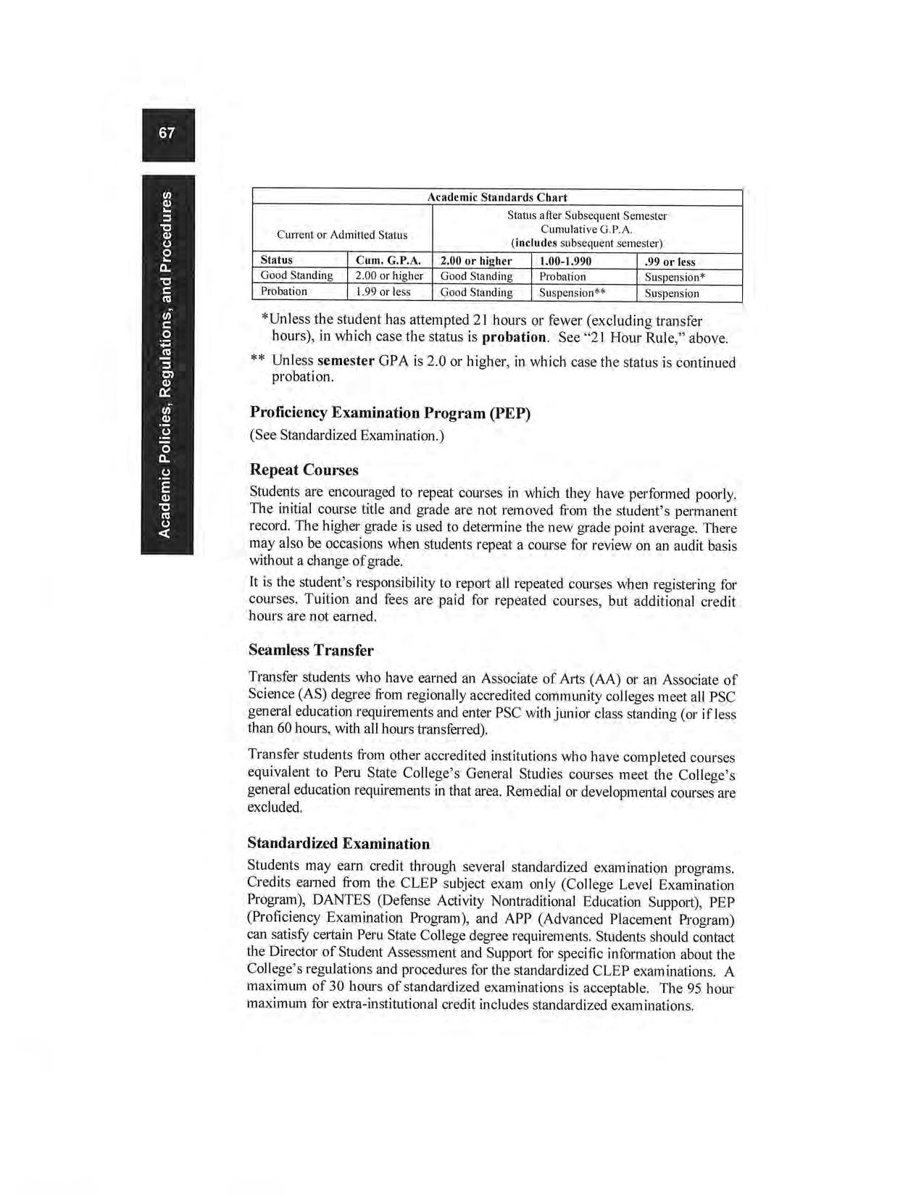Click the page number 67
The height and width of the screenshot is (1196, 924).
pyautogui.click(x=167, y=133)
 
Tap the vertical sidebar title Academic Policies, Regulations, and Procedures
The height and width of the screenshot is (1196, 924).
pyautogui.click(x=167, y=365)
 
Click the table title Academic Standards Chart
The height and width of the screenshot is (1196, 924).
pyautogui.click(x=496, y=197)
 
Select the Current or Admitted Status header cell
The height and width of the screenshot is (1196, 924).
pyautogui.click(x=342, y=234)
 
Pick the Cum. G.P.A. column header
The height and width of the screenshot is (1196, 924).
pyautogui.click(x=388, y=261)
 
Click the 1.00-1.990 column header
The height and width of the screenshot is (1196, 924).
pyautogui.click(x=565, y=261)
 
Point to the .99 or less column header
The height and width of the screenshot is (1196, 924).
pyautogui.click(x=670, y=262)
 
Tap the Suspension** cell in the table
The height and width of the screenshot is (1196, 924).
pyautogui.click(x=572, y=293)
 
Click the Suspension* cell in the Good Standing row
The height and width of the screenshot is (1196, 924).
pyautogui.click(x=675, y=277)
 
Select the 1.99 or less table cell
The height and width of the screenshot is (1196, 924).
pyautogui.click(x=383, y=291)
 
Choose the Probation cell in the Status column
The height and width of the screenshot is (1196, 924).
pyautogui.click(x=284, y=291)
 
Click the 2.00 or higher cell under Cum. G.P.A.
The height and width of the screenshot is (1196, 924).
pyautogui.click(x=389, y=275)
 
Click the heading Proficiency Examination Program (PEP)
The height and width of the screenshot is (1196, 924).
pyautogui.click(x=390, y=412)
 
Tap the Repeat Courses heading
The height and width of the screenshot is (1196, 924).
pyautogui.click(x=304, y=470)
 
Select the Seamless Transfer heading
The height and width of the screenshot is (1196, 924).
pyautogui.click(x=311, y=649)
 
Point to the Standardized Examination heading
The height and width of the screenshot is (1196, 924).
pyautogui.click(x=338, y=843)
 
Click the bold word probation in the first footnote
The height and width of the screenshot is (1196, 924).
pyautogui.click(x=514, y=337)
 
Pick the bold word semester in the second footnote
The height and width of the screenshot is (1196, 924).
pyautogui.click(x=346, y=360)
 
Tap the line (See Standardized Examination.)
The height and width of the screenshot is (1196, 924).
pyautogui.click(x=346, y=435)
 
